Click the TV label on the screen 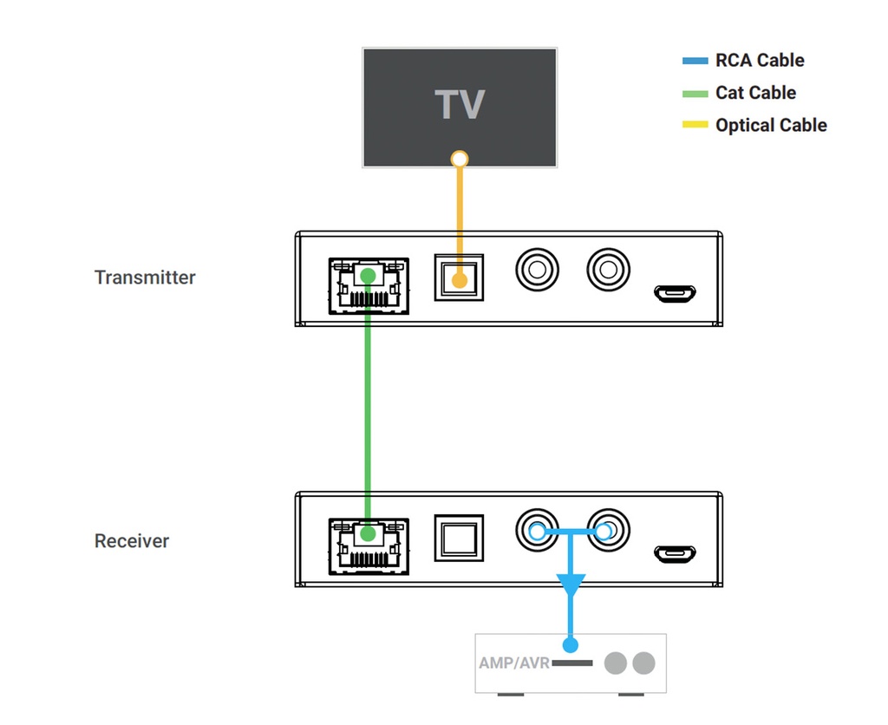tap(460, 105)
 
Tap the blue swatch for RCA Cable tap(695, 61)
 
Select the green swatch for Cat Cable tap(695, 93)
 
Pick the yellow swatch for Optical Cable tap(695, 125)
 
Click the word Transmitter tap(145, 278)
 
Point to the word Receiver tap(132, 541)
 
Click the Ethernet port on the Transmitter tap(369, 284)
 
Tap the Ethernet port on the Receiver tap(369, 544)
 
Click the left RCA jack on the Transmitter tap(537, 270)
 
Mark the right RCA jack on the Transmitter tap(608, 270)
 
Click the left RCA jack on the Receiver tap(537, 531)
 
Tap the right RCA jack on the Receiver tap(608, 531)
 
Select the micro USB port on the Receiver tap(673, 554)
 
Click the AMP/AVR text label tap(513, 663)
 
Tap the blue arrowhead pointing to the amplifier tap(571, 585)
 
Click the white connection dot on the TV tap(460, 159)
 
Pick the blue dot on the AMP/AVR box tap(571, 645)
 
